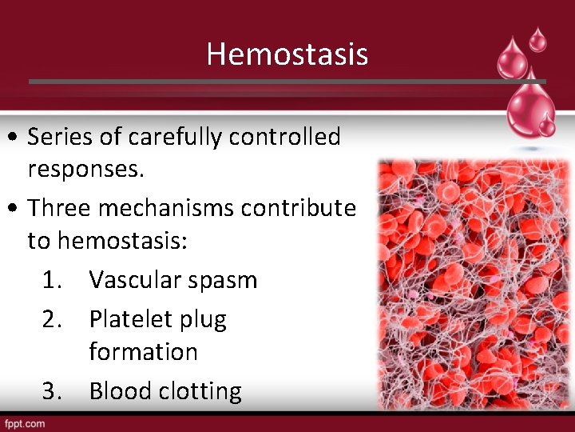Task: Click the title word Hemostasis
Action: tap(287, 54)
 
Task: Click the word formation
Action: tap(143, 351)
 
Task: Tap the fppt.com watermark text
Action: tap(24, 423)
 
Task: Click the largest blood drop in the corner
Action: tap(527, 104)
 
